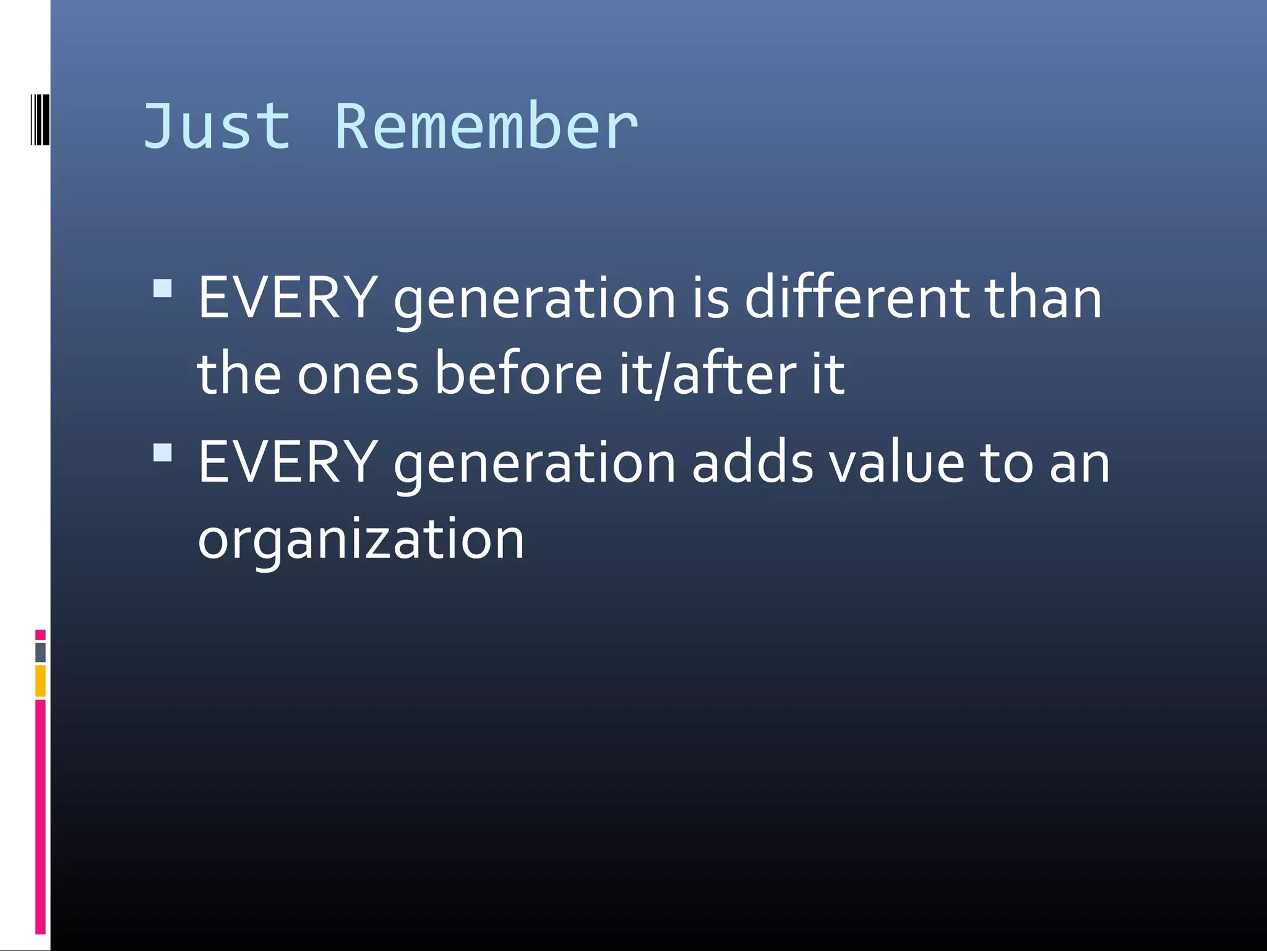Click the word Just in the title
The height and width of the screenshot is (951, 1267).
(x=217, y=126)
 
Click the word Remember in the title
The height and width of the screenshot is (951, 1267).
(x=486, y=126)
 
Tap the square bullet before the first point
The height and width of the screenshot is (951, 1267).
(x=163, y=289)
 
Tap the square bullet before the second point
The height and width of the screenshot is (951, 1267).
(x=163, y=453)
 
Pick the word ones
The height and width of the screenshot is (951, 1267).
(x=358, y=375)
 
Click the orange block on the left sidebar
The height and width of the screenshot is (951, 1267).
(x=40, y=680)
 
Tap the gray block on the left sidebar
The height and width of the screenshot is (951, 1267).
(x=40, y=652)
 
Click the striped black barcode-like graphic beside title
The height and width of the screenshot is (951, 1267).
(x=40, y=119)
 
